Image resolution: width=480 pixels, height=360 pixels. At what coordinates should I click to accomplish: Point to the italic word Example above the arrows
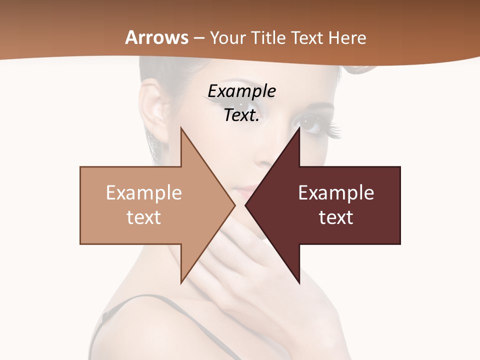(x=241, y=91)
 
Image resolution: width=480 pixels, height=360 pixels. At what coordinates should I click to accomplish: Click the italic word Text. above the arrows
(x=241, y=115)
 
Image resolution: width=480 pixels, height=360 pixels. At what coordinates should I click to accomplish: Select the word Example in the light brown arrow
(x=144, y=192)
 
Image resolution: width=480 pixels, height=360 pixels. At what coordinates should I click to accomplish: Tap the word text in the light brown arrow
(x=144, y=217)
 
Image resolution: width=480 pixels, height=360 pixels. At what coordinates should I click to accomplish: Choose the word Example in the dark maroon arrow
(x=336, y=192)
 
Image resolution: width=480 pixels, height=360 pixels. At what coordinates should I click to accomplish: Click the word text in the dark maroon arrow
(x=336, y=217)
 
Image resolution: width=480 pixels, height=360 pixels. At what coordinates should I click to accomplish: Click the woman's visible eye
(x=310, y=122)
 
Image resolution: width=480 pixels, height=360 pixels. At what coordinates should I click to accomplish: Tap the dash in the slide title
(x=198, y=38)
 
